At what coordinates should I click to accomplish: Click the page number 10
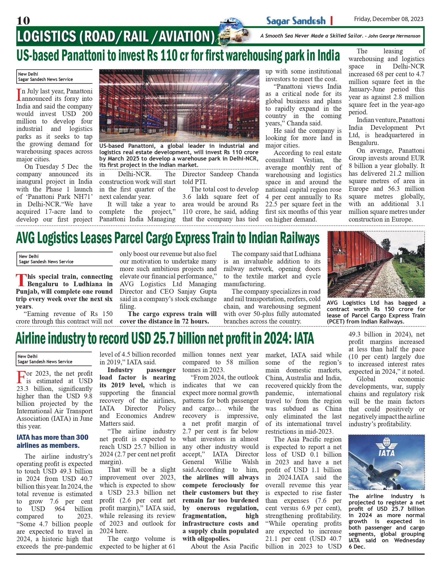23,20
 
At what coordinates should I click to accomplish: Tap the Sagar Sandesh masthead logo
296,21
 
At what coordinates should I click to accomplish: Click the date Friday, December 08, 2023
388,19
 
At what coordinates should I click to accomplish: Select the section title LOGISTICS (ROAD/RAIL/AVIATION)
116,36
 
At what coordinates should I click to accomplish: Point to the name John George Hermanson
394,36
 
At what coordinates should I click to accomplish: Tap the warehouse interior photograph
179,106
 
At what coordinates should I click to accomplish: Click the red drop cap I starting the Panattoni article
19,95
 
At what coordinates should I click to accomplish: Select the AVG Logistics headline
168,238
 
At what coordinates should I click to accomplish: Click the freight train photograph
376,264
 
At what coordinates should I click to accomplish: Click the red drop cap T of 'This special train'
21,280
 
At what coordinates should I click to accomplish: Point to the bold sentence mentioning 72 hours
168,317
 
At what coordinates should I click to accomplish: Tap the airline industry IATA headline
165,338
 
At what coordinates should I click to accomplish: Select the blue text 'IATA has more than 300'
52,437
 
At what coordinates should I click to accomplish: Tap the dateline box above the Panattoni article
54,77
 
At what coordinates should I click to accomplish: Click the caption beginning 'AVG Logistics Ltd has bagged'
376,312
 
